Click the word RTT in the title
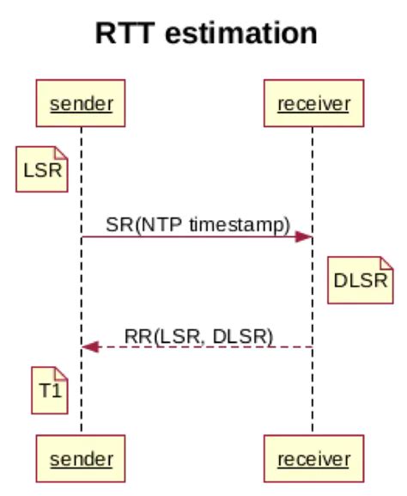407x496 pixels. coord(125,34)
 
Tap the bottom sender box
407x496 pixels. coord(82,457)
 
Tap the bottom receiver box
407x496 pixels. coord(312,457)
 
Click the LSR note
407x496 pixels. coord(43,169)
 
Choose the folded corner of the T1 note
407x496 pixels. coord(61,371)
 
